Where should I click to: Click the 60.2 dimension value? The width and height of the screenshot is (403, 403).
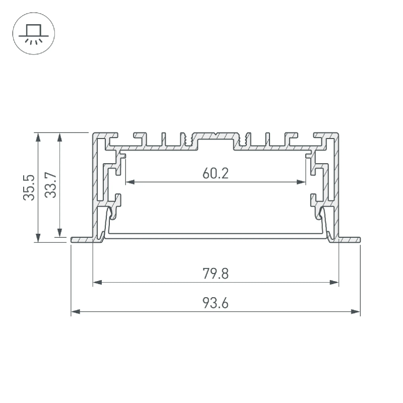(x=216, y=173)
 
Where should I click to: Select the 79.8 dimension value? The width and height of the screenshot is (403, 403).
(x=216, y=274)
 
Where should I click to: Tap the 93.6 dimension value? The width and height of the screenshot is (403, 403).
(x=216, y=303)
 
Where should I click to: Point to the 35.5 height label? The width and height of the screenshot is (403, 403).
(x=29, y=187)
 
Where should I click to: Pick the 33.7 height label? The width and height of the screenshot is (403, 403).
(x=50, y=185)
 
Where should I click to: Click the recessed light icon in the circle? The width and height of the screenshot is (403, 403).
(x=34, y=34)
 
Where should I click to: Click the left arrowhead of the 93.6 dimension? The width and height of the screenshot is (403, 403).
(x=75, y=312)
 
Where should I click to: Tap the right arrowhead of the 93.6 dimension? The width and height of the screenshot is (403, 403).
(x=356, y=312)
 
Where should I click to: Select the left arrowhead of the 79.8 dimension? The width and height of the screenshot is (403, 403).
(x=97, y=283)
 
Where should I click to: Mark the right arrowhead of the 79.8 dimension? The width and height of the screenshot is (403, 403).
(x=334, y=283)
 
